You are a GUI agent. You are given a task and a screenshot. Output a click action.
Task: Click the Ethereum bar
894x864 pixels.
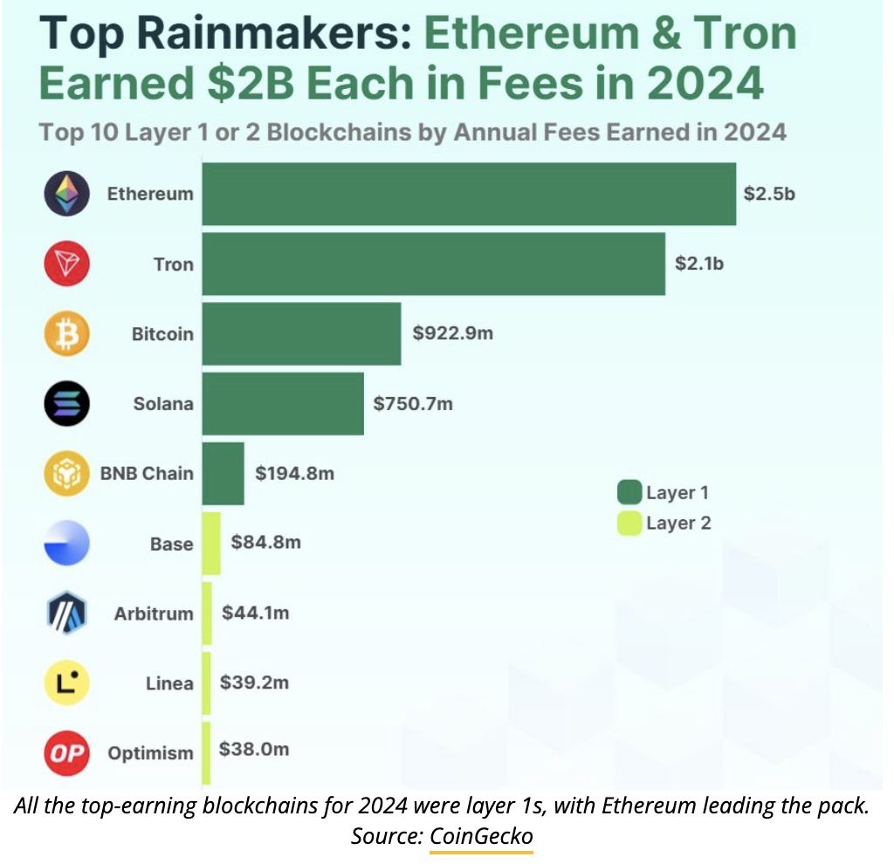click(x=469, y=194)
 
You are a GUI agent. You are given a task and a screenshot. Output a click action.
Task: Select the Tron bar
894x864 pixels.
click(x=433, y=264)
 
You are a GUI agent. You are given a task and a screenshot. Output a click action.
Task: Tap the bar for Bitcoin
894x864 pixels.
click(x=301, y=333)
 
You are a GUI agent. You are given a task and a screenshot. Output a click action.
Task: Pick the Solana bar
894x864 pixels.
click(x=283, y=403)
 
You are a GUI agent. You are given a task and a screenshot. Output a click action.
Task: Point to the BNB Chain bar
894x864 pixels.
click(x=223, y=473)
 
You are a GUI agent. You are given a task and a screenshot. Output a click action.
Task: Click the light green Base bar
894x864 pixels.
click(x=211, y=543)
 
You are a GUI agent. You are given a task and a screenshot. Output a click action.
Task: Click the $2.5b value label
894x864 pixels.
click(x=769, y=194)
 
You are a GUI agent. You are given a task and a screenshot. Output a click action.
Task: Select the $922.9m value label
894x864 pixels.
click(x=452, y=333)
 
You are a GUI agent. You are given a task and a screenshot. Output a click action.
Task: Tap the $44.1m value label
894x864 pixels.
click(x=256, y=613)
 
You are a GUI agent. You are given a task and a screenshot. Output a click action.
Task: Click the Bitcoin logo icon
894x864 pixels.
click(x=66, y=333)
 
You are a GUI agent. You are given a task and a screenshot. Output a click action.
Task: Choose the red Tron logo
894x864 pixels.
click(x=66, y=264)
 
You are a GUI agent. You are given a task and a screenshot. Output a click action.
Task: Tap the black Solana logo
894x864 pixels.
click(x=66, y=403)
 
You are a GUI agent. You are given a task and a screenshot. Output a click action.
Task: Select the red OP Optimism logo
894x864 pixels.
click(x=66, y=752)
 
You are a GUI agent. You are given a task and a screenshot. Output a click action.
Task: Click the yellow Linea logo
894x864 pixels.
click(x=66, y=682)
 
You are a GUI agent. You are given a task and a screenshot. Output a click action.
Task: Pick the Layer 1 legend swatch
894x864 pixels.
click(x=629, y=492)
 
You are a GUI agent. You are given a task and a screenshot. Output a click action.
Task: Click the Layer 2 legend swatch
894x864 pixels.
click(x=629, y=523)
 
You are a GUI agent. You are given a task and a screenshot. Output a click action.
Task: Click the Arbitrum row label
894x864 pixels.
click(x=154, y=613)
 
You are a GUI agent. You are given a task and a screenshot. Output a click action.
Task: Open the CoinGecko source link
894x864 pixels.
click(x=481, y=836)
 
